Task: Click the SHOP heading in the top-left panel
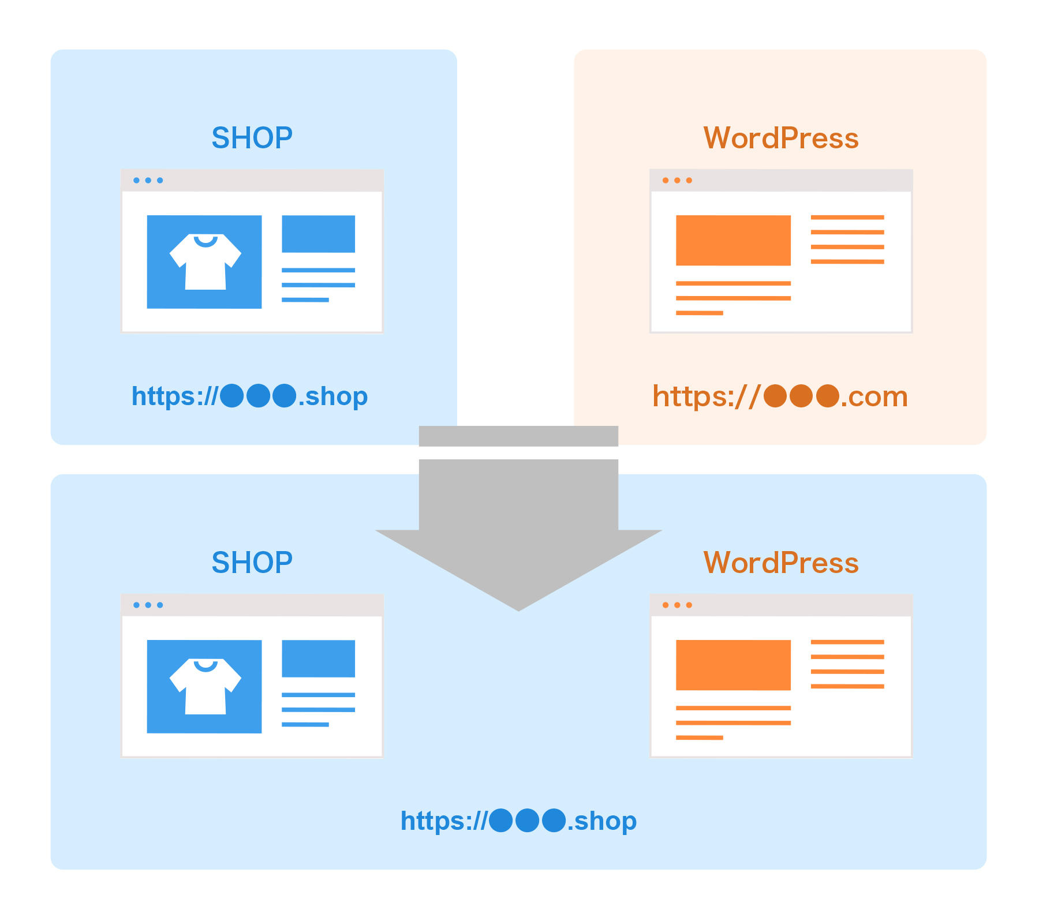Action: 252,138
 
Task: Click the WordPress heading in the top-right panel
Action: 780,138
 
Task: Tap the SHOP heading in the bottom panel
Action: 252,563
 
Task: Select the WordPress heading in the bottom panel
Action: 780,563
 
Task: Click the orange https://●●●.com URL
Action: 780,397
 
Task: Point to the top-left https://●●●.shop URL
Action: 249,396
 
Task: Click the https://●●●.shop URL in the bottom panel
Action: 518,821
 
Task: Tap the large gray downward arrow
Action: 518,531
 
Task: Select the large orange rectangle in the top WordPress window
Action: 733,240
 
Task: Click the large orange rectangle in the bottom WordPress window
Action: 733,665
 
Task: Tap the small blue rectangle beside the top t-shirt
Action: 318,234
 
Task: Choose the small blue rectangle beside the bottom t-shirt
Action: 318,658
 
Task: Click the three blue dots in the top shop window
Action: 148,181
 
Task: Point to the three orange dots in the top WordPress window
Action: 677,181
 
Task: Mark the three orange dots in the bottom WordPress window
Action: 677,605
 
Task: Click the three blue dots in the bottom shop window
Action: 148,605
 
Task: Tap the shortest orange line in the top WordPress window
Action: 699,313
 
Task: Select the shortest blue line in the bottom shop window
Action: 305,725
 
